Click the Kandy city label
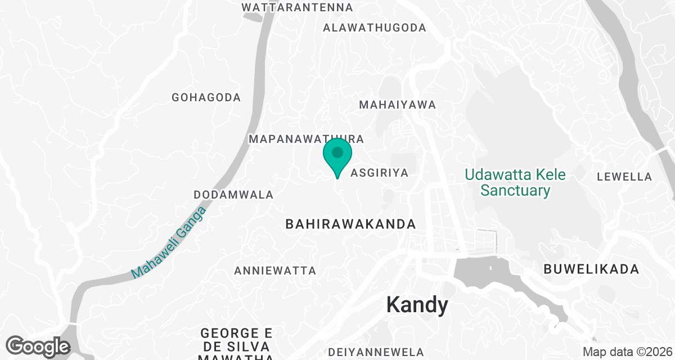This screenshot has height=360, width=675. click(x=417, y=305)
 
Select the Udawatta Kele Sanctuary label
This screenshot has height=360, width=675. click(x=515, y=182)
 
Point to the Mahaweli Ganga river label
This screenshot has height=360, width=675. click(x=169, y=242)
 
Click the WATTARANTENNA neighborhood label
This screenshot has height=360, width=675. click(x=297, y=8)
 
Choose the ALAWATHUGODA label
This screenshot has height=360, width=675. click(x=374, y=28)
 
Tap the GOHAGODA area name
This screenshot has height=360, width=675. click(x=206, y=97)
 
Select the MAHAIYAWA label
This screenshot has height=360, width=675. click(x=398, y=105)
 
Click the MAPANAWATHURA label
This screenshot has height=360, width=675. click(x=307, y=138)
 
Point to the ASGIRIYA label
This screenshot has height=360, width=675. click(x=379, y=173)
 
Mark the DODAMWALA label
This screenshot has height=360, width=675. click(x=233, y=195)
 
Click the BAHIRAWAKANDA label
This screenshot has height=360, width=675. click(x=350, y=224)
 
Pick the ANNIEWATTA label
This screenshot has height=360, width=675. click(x=275, y=271)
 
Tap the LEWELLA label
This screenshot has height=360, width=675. click(x=624, y=177)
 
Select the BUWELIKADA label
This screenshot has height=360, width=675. click(x=591, y=269)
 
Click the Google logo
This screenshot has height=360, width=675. click(x=38, y=345)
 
